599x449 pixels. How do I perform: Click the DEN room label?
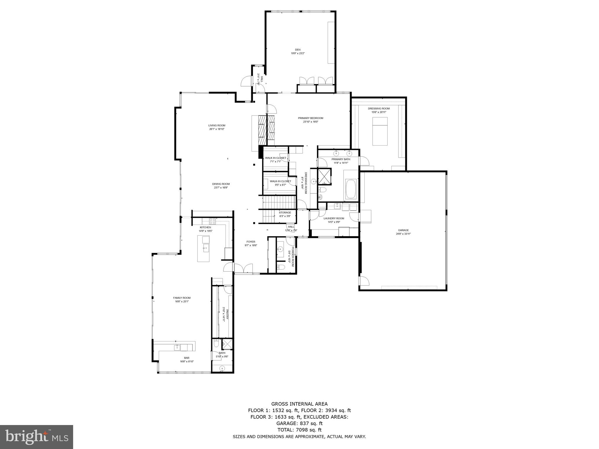[297, 50]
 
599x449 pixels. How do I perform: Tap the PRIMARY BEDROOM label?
[310, 118]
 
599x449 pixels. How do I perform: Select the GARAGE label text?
[403, 230]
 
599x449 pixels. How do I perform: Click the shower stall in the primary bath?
[324, 176]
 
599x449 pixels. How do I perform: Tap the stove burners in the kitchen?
[212, 221]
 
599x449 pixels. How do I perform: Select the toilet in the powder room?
[281, 267]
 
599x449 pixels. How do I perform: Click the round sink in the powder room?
[280, 249]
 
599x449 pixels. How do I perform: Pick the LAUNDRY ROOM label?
[334, 218]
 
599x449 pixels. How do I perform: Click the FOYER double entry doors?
[244, 269]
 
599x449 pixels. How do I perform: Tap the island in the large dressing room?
[380, 131]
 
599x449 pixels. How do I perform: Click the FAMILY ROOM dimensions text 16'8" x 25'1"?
[182, 301]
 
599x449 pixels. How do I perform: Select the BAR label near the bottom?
[187, 358]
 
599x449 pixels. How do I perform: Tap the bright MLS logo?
[37, 437]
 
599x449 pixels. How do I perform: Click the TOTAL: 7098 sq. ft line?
[299, 430]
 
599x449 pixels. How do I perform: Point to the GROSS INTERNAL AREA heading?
[299, 404]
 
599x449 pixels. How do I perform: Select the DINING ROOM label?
[221, 184]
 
